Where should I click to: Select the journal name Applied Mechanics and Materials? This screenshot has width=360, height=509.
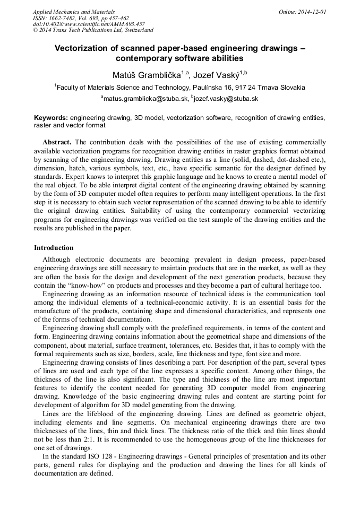[74, 11]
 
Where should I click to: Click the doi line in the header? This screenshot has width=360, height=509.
[89, 24]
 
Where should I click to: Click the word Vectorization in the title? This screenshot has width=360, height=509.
[82, 48]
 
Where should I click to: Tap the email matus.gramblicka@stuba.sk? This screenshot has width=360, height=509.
[145, 99]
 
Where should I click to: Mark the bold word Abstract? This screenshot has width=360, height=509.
[57, 142]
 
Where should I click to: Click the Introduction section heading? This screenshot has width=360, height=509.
[54, 247]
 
